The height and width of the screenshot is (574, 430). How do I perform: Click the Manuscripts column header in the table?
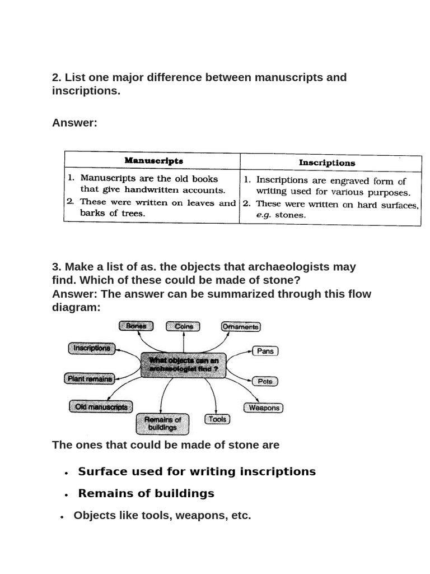pyautogui.click(x=153, y=161)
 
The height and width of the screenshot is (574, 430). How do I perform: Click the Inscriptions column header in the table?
pyautogui.click(x=326, y=163)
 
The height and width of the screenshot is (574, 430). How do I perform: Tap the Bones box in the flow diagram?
pyautogui.click(x=135, y=326)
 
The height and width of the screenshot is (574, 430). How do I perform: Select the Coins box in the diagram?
pyautogui.click(x=183, y=326)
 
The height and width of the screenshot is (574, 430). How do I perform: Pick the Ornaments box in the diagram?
pyautogui.click(x=241, y=326)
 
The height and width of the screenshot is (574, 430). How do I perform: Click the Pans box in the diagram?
pyautogui.click(x=265, y=351)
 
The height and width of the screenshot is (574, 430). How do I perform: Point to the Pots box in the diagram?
pyautogui.click(x=265, y=381)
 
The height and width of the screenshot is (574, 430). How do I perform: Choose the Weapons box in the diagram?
pyautogui.click(x=263, y=408)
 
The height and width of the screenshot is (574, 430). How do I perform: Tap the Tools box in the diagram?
pyautogui.click(x=217, y=419)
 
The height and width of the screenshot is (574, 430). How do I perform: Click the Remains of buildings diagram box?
pyautogui.click(x=163, y=424)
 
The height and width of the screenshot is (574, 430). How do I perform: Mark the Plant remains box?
pyautogui.click(x=90, y=379)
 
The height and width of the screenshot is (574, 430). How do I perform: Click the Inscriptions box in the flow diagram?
pyautogui.click(x=92, y=348)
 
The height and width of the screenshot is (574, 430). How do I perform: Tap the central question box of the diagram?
pyautogui.click(x=184, y=365)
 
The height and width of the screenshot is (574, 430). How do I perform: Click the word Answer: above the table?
pyautogui.click(x=74, y=123)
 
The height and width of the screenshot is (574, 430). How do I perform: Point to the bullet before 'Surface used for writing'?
pyautogui.click(x=67, y=473)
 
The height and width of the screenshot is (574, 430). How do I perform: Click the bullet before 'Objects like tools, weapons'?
pyautogui.click(x=62, y=517)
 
